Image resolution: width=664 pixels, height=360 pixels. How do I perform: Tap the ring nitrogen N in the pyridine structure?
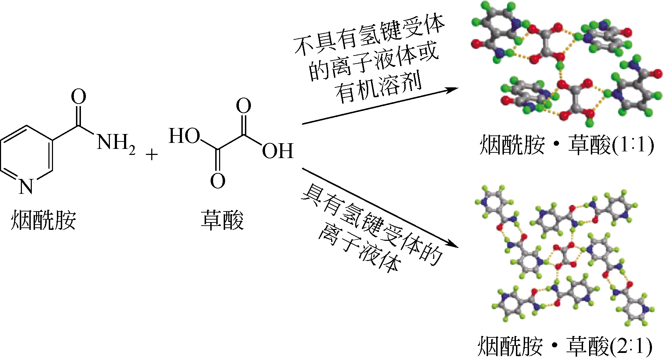[x=26, y=186]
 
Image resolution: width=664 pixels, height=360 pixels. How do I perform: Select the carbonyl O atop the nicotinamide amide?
[x=78, y=97]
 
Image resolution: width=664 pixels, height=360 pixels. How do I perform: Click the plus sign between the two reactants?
[x=152, y=155]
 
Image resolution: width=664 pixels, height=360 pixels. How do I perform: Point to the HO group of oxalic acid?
[x=184, y=136]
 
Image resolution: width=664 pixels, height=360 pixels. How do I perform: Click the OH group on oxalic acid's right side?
[x=278, y=151]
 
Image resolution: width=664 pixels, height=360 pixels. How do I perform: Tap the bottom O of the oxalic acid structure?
[x=217, y=181]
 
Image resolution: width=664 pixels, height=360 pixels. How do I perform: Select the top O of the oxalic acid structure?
[x=243, y=106]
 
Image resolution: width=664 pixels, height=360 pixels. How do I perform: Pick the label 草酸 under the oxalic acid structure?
[x=222, y=220]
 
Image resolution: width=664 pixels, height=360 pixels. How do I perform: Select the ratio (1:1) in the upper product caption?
[x=633, y=145]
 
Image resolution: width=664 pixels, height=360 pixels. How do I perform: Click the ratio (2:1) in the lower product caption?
[x=631, y=347]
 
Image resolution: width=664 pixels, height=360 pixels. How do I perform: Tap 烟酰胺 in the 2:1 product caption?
[x=510, y=347]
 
